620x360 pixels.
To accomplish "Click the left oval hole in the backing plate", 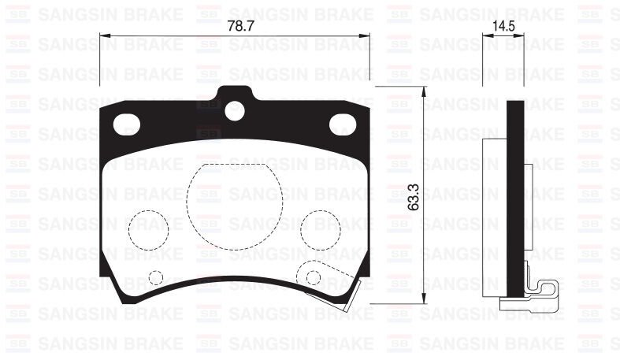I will [127, 124].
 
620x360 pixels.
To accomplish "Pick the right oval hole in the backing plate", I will [343, 124].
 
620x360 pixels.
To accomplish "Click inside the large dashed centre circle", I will [235, 198].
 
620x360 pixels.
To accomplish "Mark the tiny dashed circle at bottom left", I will [155, 277].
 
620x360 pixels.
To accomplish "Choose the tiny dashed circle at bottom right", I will [314, 277].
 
